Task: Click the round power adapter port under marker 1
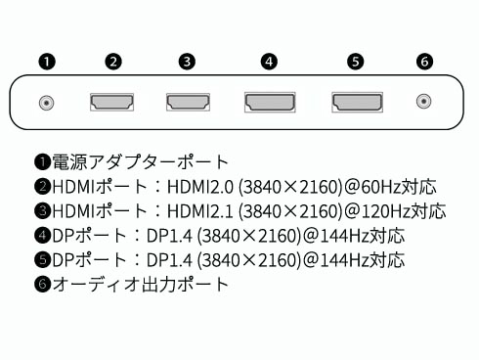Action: [x=45, y=102]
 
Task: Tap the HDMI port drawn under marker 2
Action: [x=113, y=102]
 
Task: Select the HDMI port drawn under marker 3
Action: [x=187, y=102]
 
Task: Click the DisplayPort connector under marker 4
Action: [x=269, y=102]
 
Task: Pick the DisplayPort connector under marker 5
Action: [x=356, y=102]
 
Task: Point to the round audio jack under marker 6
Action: [x=424, y=102]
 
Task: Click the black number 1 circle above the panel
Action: [x=45, y=62]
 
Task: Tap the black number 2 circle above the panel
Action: [x=113, y=62]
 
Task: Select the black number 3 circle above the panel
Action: [x=187, y=62]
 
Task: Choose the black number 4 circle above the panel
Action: [x=269, y=62]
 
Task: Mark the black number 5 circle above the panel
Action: [x=356, y=62]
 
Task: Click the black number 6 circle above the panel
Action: [x=424, y=62]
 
